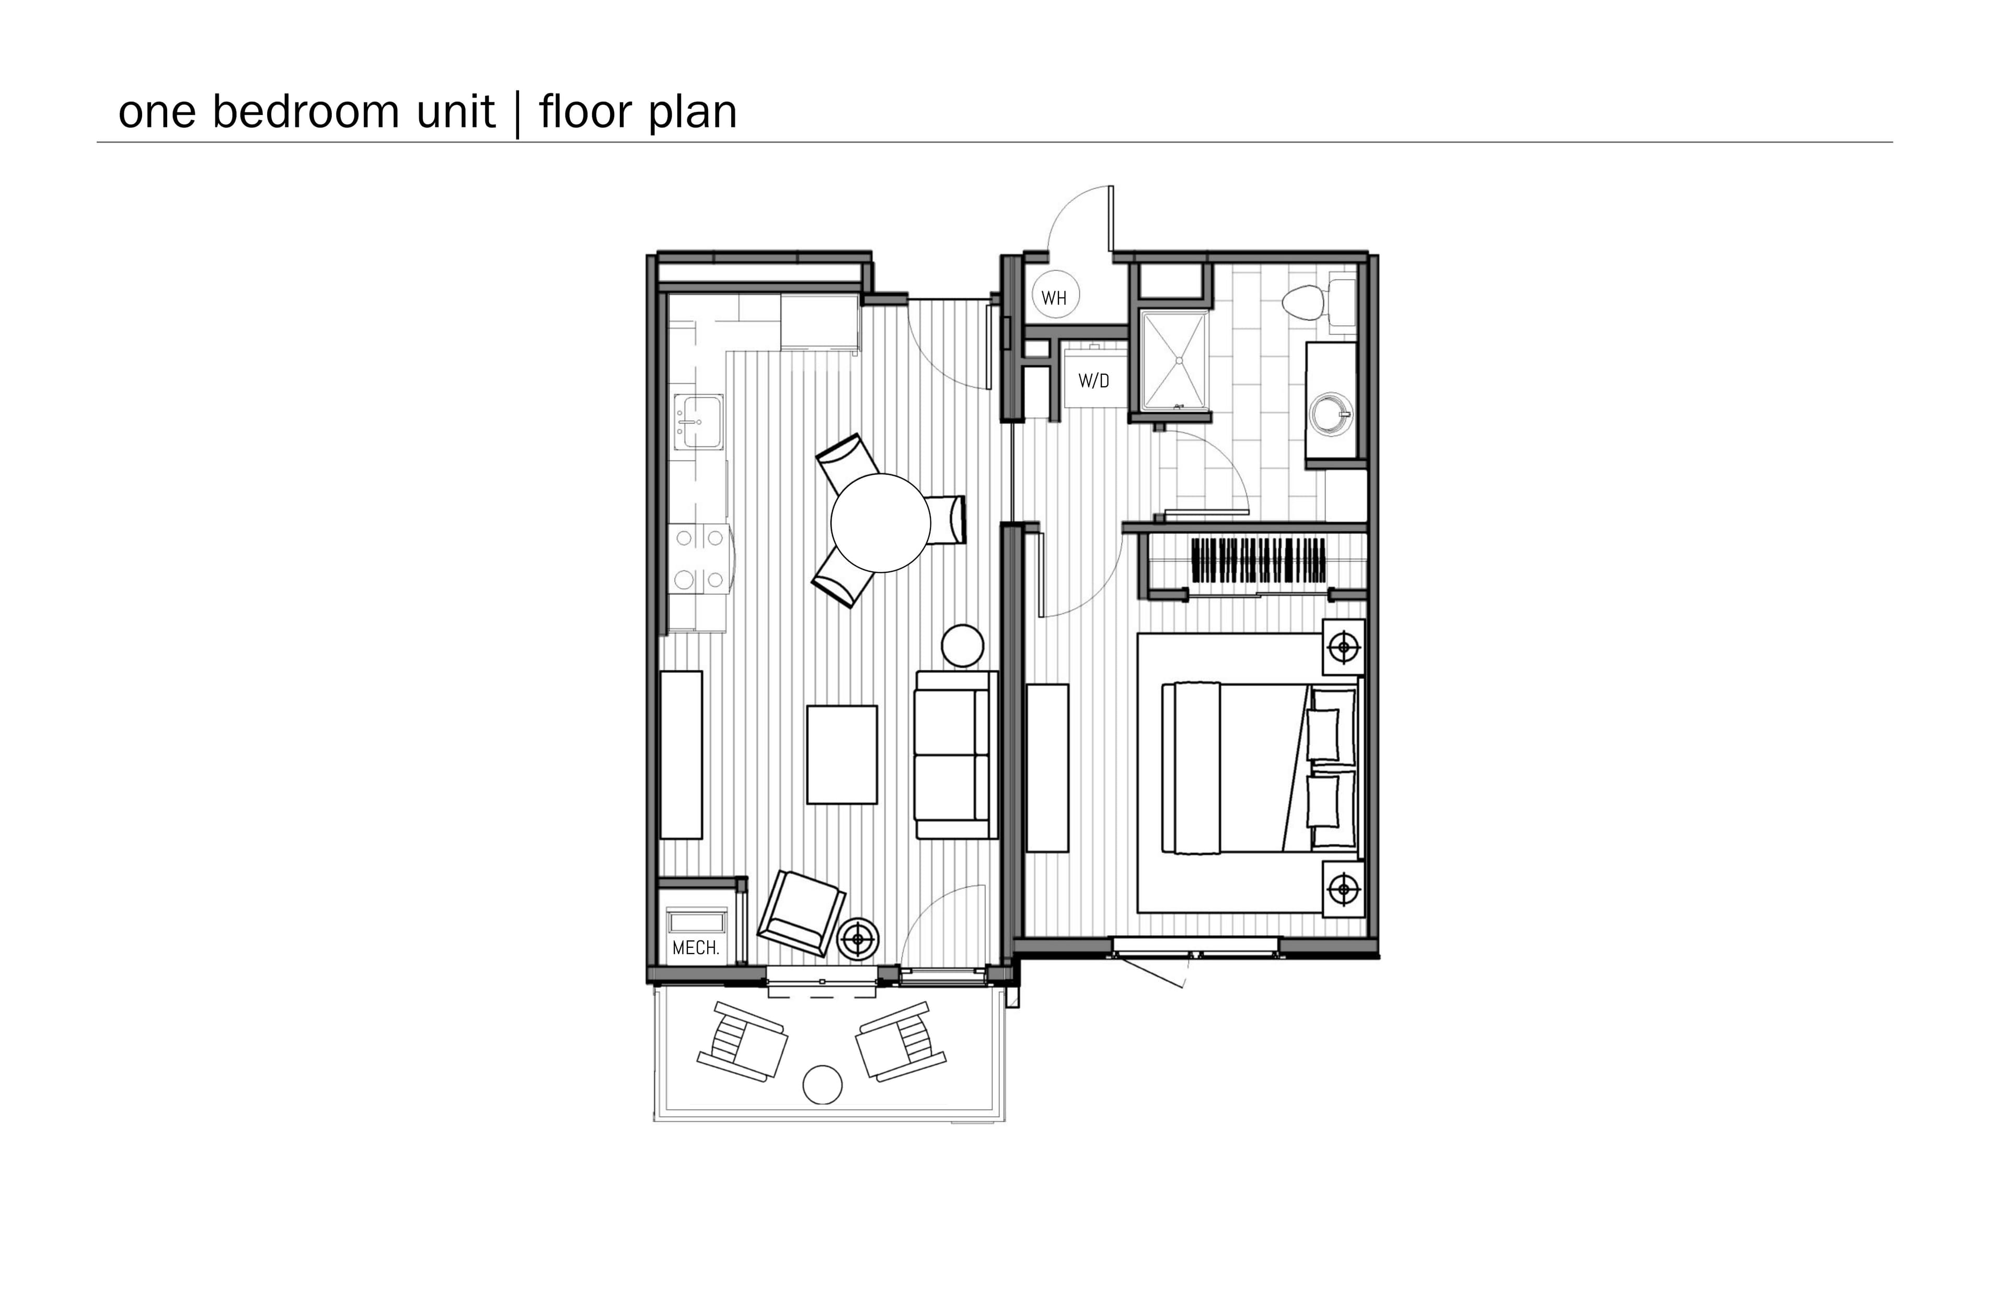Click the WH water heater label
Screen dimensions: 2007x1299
pos(1054,298)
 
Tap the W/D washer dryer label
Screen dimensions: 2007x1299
pos(1094,381)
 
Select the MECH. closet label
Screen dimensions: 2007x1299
pos(696,948)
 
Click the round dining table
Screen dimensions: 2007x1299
pos(880,523)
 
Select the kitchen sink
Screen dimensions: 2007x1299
pos(698,422)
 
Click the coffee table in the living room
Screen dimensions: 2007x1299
pos(841,755)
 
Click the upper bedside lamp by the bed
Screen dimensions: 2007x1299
pos(1343,648)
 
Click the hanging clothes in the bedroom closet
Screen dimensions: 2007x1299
pos(1258,561)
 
